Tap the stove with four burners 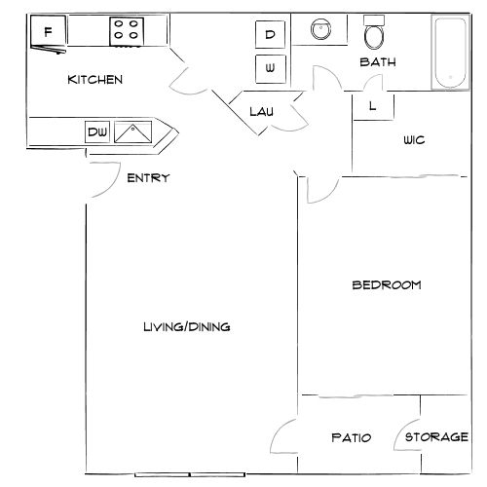[x=125, y=30]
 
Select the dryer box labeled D [x=270, y=35]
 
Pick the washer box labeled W [x=270, y=68]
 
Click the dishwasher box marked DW [x=96, y=131]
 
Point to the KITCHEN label [x=94, y=80]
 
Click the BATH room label [x=378, y=62]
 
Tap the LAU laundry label [x=260, y=111]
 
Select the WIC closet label [x=414, y=139]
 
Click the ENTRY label [x=149, y=177]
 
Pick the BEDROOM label [x=386, y=284]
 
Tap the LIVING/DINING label [x=187, y=326]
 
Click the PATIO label [x=351, y=437]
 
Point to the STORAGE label [x=436, y=437]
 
